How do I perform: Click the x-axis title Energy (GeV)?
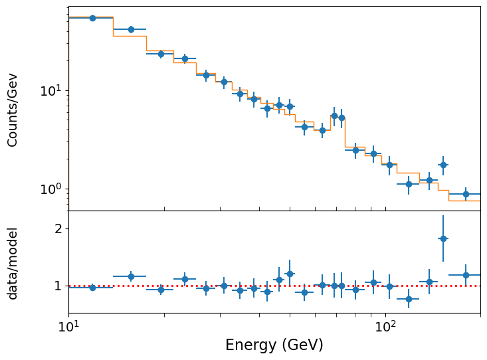(274, 345)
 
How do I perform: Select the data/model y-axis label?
(13, 263)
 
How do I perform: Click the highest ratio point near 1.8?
(443, 238)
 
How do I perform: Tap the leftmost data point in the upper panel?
(92, 18)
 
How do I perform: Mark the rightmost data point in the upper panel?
(466, 194)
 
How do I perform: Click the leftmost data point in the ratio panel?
(92, 288)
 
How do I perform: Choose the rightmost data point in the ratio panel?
(466, 275)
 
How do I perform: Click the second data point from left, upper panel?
(131, 29)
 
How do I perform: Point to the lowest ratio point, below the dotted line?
(409, 299)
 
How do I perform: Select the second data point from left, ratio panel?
(131, 276)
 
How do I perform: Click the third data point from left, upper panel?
(161, 54)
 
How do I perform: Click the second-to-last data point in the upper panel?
(443, 165)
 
